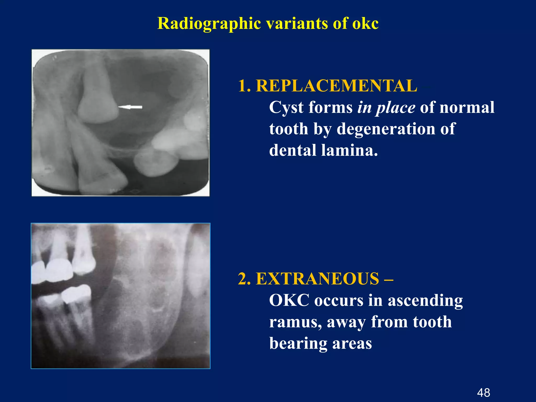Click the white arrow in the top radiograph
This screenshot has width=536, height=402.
130,107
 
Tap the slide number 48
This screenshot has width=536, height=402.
483,393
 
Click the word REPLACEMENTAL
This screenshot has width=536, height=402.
336,86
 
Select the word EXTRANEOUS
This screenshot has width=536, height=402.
317,278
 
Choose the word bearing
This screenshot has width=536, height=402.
298,344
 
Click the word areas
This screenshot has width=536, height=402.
352,344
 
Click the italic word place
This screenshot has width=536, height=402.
395,108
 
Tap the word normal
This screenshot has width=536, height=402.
467,107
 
